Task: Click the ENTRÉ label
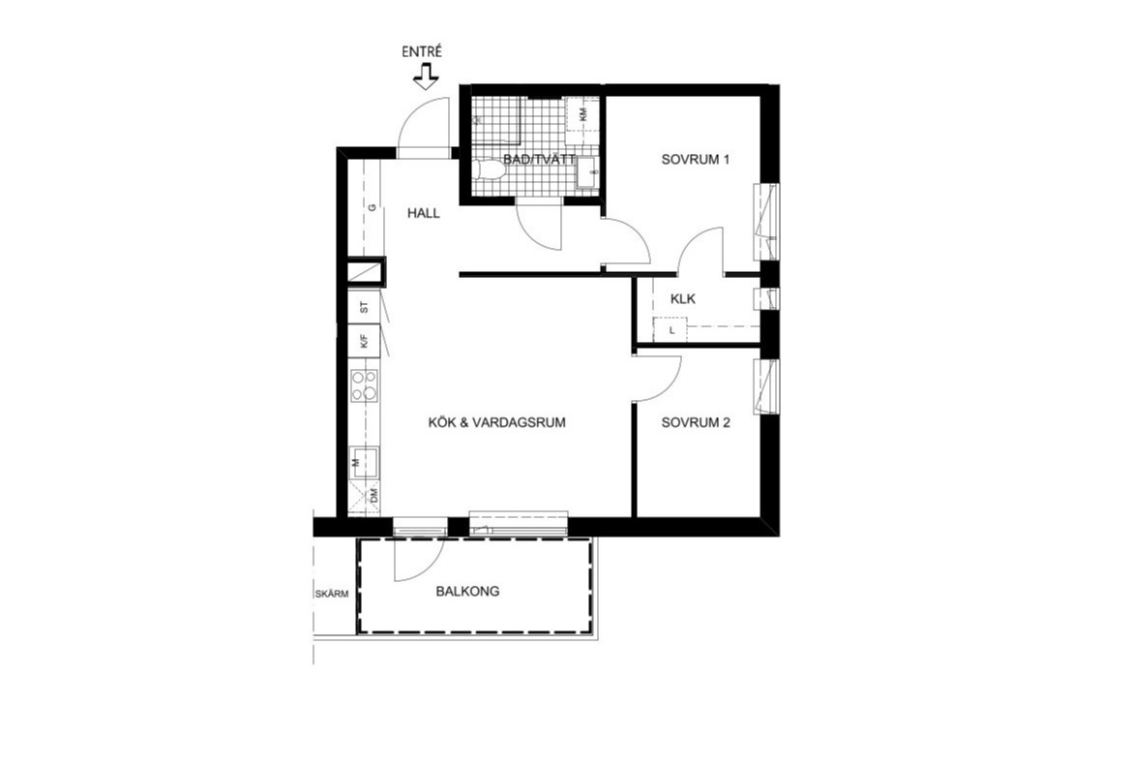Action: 422,52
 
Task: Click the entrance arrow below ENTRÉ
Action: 426,76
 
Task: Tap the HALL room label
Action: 423,213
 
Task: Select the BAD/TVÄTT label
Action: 539,159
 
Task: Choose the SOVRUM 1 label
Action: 696,159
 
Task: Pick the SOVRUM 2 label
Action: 696,422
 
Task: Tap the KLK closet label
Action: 682,298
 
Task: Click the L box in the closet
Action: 670,330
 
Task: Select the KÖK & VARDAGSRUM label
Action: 496,422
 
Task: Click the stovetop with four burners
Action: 365,385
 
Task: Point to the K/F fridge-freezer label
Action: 365,341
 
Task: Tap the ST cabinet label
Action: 365,307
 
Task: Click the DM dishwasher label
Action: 373,495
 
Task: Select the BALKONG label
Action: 467,592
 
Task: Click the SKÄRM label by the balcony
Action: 331,595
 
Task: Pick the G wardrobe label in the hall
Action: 372,207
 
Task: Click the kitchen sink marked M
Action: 365,462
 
